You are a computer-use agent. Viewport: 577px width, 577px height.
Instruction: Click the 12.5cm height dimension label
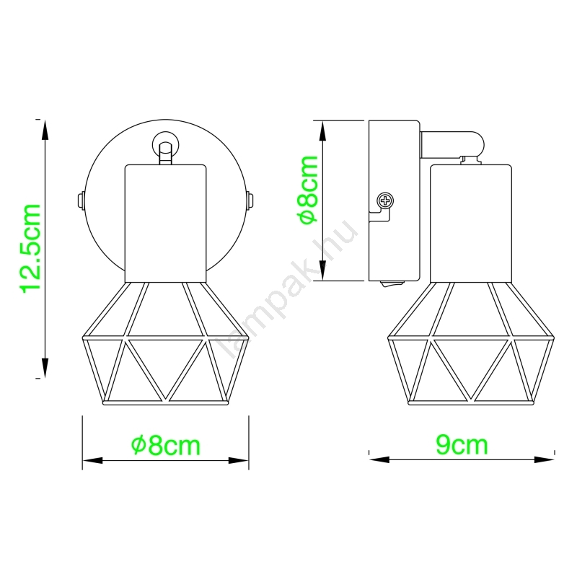tap(31, 249)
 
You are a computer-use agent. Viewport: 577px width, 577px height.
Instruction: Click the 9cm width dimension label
tap(462, 444)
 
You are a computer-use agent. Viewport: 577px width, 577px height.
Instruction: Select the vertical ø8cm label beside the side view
tap(309, 190)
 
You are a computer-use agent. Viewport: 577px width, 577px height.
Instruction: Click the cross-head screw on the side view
tap(385, 201)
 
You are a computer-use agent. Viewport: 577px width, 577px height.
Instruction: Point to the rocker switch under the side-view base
tap(392, 283)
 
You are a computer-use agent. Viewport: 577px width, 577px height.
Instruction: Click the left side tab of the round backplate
tap(82, 201)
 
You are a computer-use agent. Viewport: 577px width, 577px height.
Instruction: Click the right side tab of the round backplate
tap(250, 201)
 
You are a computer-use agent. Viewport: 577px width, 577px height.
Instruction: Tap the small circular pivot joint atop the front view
tap(166, 145)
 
